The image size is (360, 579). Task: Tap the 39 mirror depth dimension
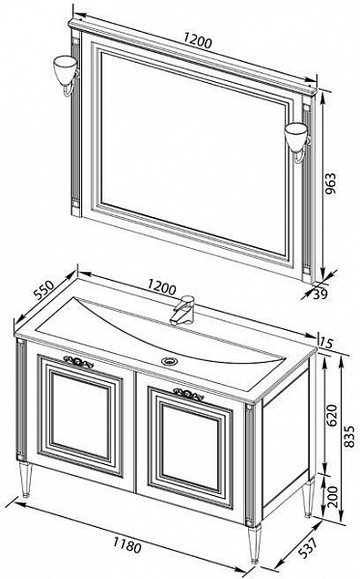[320, 294]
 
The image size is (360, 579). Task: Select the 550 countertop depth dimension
[44, 289]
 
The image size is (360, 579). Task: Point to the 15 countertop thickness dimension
[326, 343]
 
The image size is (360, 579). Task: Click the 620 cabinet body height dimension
[332, 415]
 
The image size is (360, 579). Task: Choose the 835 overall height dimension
[349, 436]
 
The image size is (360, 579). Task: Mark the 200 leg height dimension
[332, 497]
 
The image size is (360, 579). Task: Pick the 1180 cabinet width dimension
[126, 545]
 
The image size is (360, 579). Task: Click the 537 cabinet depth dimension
[307, 548]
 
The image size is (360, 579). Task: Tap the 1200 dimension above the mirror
[198, 41]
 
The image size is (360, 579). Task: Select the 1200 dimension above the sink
[161, 288]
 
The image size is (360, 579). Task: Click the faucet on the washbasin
[182, 310]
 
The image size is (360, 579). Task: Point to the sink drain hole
[170, 361]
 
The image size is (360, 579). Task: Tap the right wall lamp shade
[295, 135]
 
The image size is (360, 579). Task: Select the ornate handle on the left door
[78, 362]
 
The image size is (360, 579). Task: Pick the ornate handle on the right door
[188, 395]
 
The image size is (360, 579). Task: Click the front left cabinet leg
[26, 479]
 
